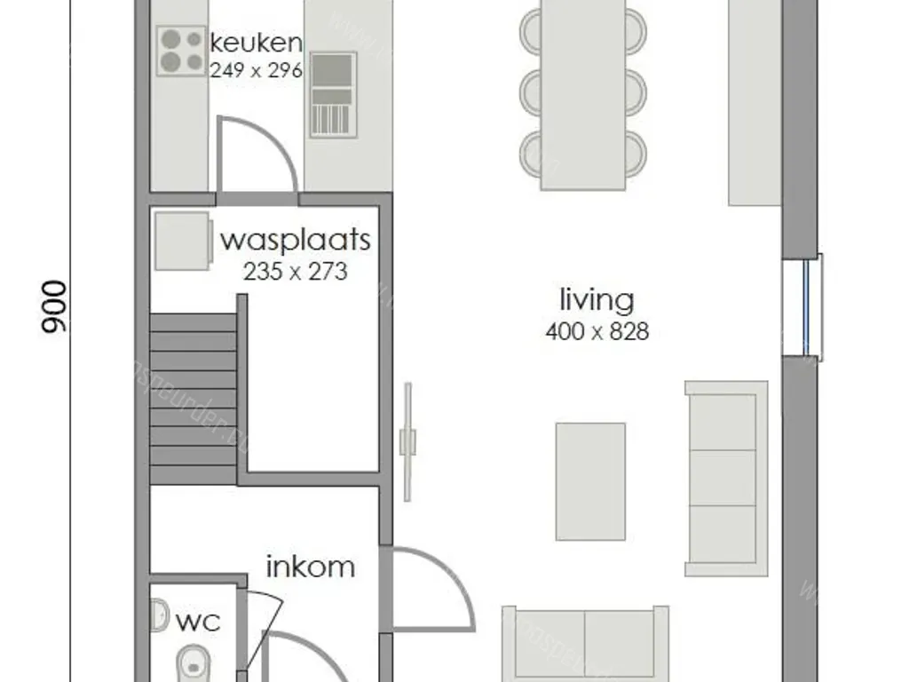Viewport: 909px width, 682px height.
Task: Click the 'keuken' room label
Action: coord(256,43)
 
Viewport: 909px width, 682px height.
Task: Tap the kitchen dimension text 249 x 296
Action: coord(256,70)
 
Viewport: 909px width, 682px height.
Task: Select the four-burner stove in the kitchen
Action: coord(181,50)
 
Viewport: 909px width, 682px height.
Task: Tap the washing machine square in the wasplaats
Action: coord(183,240)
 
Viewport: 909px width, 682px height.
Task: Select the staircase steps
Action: coord(194,397)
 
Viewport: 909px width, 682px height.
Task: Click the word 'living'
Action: coord(597,300)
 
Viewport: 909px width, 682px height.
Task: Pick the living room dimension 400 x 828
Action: coord(597,332)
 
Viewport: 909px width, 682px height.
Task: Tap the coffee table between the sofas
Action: coord(590,481)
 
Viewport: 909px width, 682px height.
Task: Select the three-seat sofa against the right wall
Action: coord(725,478)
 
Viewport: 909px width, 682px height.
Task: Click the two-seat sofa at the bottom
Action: coord(585,644)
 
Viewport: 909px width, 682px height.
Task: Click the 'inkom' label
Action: coord(311,567)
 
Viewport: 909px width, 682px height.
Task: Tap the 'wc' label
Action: coord(197,621)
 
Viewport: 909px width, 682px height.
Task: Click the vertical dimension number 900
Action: coord(54,307)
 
